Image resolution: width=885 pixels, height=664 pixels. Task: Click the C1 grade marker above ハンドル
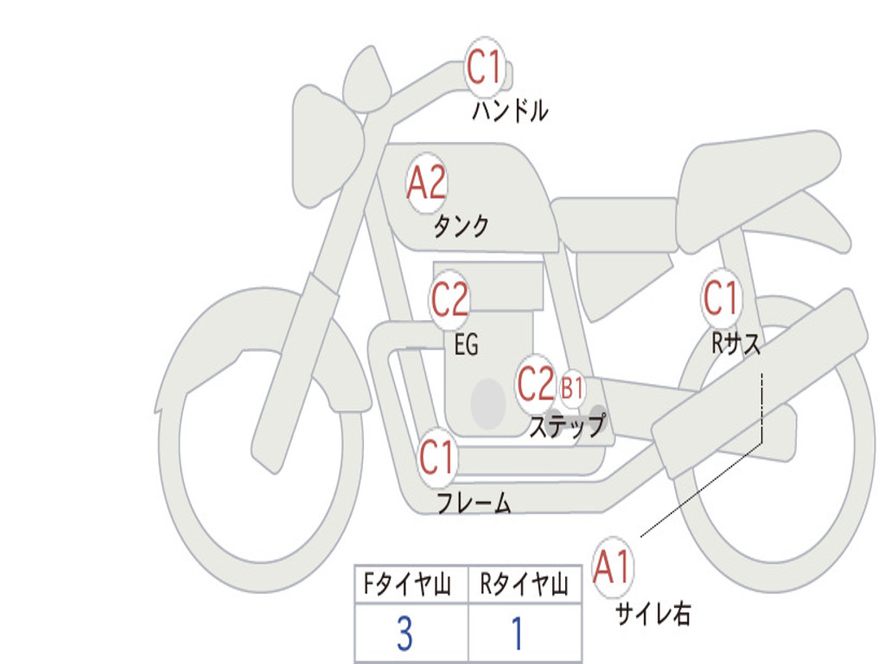coord(485,67)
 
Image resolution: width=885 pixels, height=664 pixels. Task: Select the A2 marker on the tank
coord(427,183)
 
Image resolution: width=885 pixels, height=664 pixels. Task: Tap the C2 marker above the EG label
coord(449,300)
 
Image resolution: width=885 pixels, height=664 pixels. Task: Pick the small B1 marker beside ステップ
coord(572,388)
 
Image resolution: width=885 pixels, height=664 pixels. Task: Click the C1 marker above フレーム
coord(436,456)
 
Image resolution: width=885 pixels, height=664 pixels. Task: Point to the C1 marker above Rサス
coord(721,299)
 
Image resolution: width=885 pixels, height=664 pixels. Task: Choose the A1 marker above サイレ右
coord(613,568)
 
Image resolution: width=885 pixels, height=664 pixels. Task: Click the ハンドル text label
coord(510,111)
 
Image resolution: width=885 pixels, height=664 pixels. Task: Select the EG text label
coord(466,346)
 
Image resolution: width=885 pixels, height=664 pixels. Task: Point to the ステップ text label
coord(567,426)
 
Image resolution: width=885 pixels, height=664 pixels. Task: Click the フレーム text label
coord(474,503)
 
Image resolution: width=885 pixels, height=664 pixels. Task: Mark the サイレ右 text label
coord(653,614)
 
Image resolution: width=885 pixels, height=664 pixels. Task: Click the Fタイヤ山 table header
coord(411,586)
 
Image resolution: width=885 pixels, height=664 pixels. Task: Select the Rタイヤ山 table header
coord(525,586)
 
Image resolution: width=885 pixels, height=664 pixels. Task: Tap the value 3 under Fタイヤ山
coord(404,635)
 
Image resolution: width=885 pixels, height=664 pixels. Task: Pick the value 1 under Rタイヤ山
coord(518,635)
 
